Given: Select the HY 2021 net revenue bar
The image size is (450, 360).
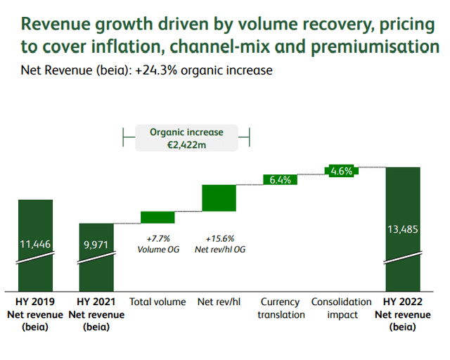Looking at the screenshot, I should tap(96, 257).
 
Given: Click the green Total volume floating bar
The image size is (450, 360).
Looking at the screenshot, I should tap(157, 217).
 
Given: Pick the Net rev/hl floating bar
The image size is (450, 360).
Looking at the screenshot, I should tap(219, 198).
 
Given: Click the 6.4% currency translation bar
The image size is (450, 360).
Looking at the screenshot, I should tap(280, 179).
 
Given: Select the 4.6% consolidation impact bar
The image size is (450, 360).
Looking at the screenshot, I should tap(341, 171).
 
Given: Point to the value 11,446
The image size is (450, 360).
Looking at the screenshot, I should tap(36, 244).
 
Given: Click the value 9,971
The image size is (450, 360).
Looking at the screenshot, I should tap(96, 244).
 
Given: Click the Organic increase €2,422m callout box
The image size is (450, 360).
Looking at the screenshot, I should tap(186, 139).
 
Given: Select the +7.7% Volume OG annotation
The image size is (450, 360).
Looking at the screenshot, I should tap(157, 244).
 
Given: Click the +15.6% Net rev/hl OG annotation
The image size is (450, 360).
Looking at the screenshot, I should tap(219, 244).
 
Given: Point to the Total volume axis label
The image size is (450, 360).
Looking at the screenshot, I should tap(157, 302).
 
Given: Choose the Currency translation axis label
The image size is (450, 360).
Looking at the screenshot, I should tap(280, 308).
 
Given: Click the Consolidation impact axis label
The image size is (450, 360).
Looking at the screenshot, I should tap(341, 308).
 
